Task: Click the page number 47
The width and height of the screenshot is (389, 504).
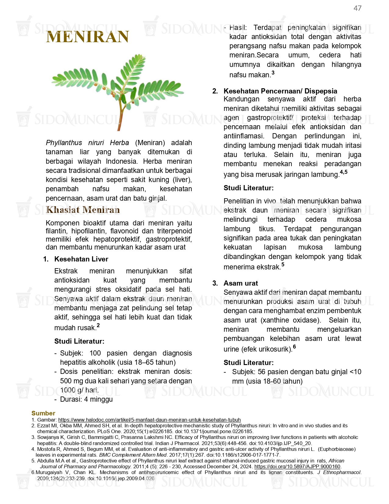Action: (x=357, y=8)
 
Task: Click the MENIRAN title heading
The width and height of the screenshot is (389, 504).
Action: (x=88, y=37)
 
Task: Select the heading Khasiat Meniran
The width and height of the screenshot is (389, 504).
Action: (x=83, y=210)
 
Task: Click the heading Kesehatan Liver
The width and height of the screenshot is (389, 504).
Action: (x=81, y=259)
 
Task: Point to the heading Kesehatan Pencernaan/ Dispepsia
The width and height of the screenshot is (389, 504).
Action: (x=280, y=91)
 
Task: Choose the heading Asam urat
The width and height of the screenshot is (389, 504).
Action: (x=240, y=283)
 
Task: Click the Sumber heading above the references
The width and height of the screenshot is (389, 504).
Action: (x=43, y=413)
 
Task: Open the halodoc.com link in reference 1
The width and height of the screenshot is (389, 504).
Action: (x=149, y=420)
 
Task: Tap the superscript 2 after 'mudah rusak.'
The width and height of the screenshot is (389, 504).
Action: (x=98, y=326)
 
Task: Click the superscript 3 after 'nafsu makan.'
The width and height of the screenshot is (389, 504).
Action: (x=273, y=73)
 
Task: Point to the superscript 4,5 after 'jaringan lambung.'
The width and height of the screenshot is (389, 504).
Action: (x=344, y=172)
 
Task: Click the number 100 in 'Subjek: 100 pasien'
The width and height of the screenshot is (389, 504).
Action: (x=95, y=353)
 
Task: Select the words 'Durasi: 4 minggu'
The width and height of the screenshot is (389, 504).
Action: (x=86, y=399)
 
